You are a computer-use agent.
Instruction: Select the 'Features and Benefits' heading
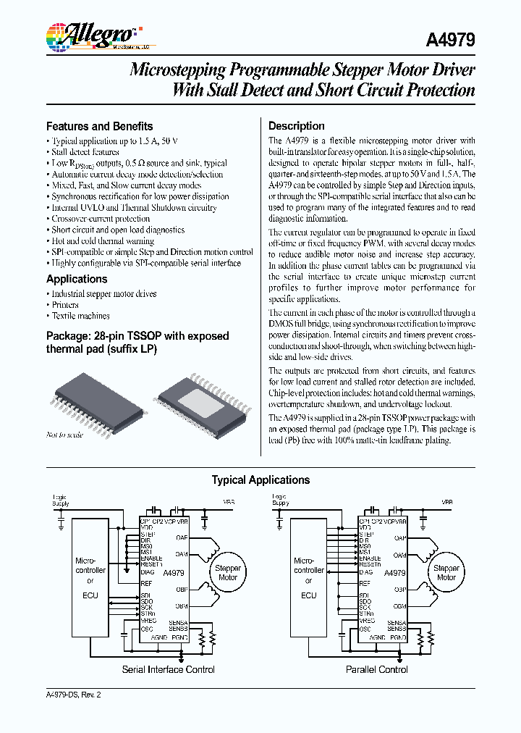[99, 126]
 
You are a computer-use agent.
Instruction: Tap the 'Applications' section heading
[77, 279]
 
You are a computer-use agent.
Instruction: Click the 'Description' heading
[297, 126]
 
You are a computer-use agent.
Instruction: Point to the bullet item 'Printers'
[65, 305]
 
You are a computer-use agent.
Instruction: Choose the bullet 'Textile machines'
[80, 316]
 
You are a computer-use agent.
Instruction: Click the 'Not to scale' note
[65, 435]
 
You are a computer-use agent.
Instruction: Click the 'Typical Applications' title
[260, 480]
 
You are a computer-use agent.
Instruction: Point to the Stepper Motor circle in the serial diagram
[228, 573]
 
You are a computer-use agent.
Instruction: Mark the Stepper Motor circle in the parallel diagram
[446, 573]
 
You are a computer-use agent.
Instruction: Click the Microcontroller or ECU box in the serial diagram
[90, 577]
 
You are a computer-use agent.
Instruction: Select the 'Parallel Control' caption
[377, 670]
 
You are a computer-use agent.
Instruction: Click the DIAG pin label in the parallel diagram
[366, 572]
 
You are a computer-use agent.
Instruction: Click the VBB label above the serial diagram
[229, 501]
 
